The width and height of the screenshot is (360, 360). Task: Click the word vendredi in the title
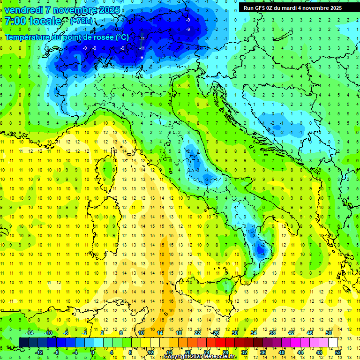point(24,9)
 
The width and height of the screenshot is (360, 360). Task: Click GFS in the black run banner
point(261,8)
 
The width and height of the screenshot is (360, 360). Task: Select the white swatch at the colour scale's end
point(333,342)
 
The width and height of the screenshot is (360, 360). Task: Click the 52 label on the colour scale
point(337,352)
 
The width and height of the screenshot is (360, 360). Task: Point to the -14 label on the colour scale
point(29,333)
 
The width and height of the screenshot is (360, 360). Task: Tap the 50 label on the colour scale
point(328,333)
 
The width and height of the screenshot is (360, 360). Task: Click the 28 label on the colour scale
point(225,352)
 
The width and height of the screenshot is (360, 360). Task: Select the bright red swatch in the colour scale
point(220,342)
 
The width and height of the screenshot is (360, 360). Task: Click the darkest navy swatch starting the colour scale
point(23,342)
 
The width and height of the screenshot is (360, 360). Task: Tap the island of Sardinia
point(105,220)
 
